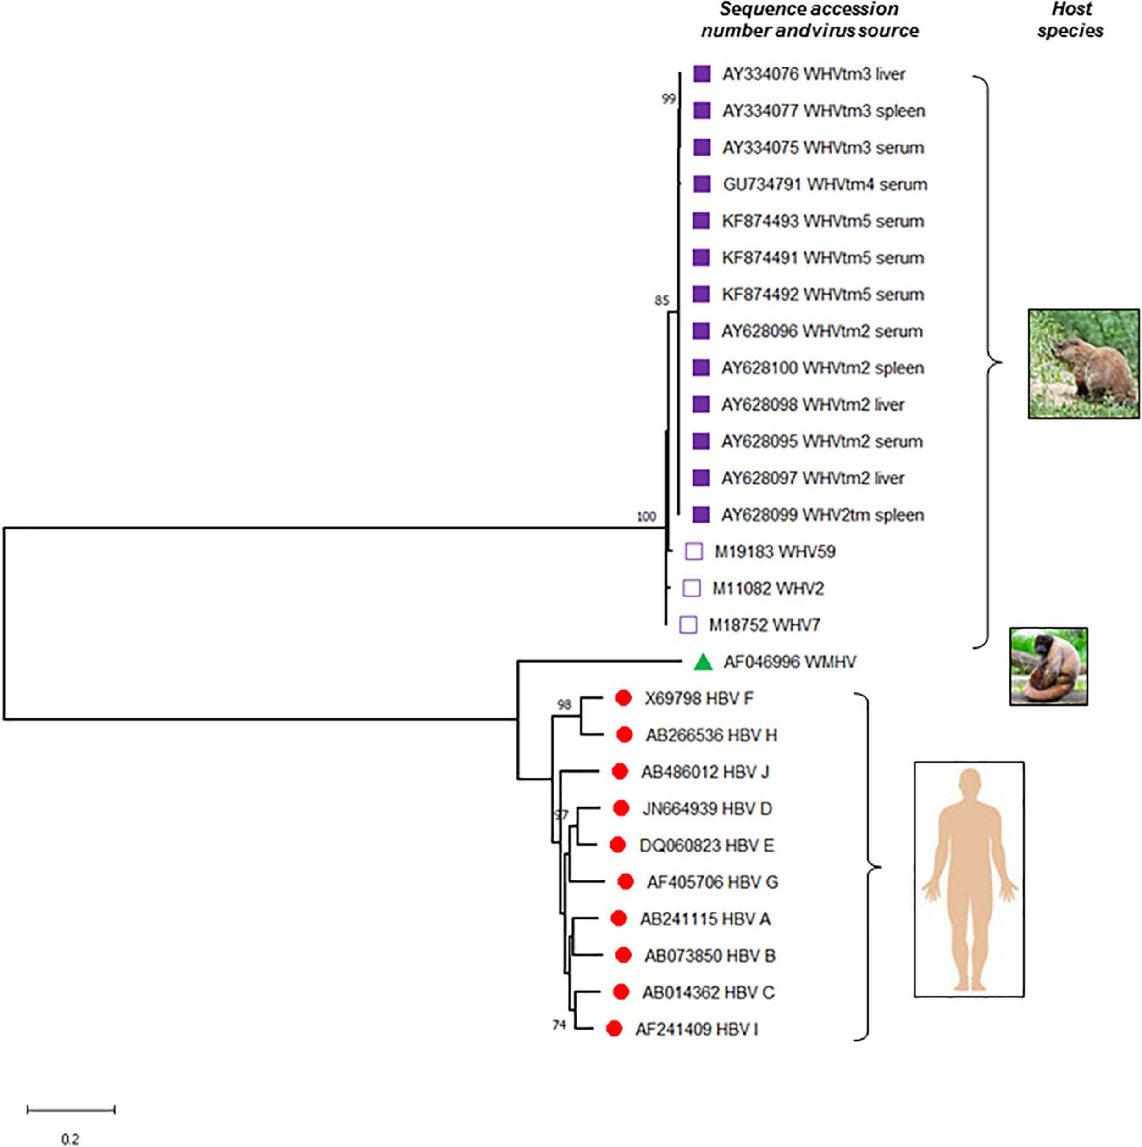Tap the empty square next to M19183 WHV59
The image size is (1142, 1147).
(x=694, y=551)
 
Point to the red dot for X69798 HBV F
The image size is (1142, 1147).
(x=623, y=698)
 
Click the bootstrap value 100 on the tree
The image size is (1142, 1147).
(x=646, y=517)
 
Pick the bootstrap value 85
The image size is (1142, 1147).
(x=662, y=301)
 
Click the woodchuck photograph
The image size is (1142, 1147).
(x=1083, y=363)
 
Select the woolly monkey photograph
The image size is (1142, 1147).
(x=1048, y=666)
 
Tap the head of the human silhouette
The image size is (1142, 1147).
(x=969, y=780)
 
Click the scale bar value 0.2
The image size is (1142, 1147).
(x=70, y=1139)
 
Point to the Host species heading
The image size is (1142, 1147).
(x=1071, y=20)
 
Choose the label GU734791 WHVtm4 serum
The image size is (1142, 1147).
(x=825, y=184)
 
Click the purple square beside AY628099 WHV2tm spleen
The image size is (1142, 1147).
(x=701, y=515)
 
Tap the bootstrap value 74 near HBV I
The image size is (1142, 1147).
(x=559, y=1025)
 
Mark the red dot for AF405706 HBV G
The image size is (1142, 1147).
(x=625, y=882)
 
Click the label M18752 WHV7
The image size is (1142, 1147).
(x=765, y=625)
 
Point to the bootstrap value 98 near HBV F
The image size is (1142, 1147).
(x=564, y=704)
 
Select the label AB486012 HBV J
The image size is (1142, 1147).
(x=704, y=772)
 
